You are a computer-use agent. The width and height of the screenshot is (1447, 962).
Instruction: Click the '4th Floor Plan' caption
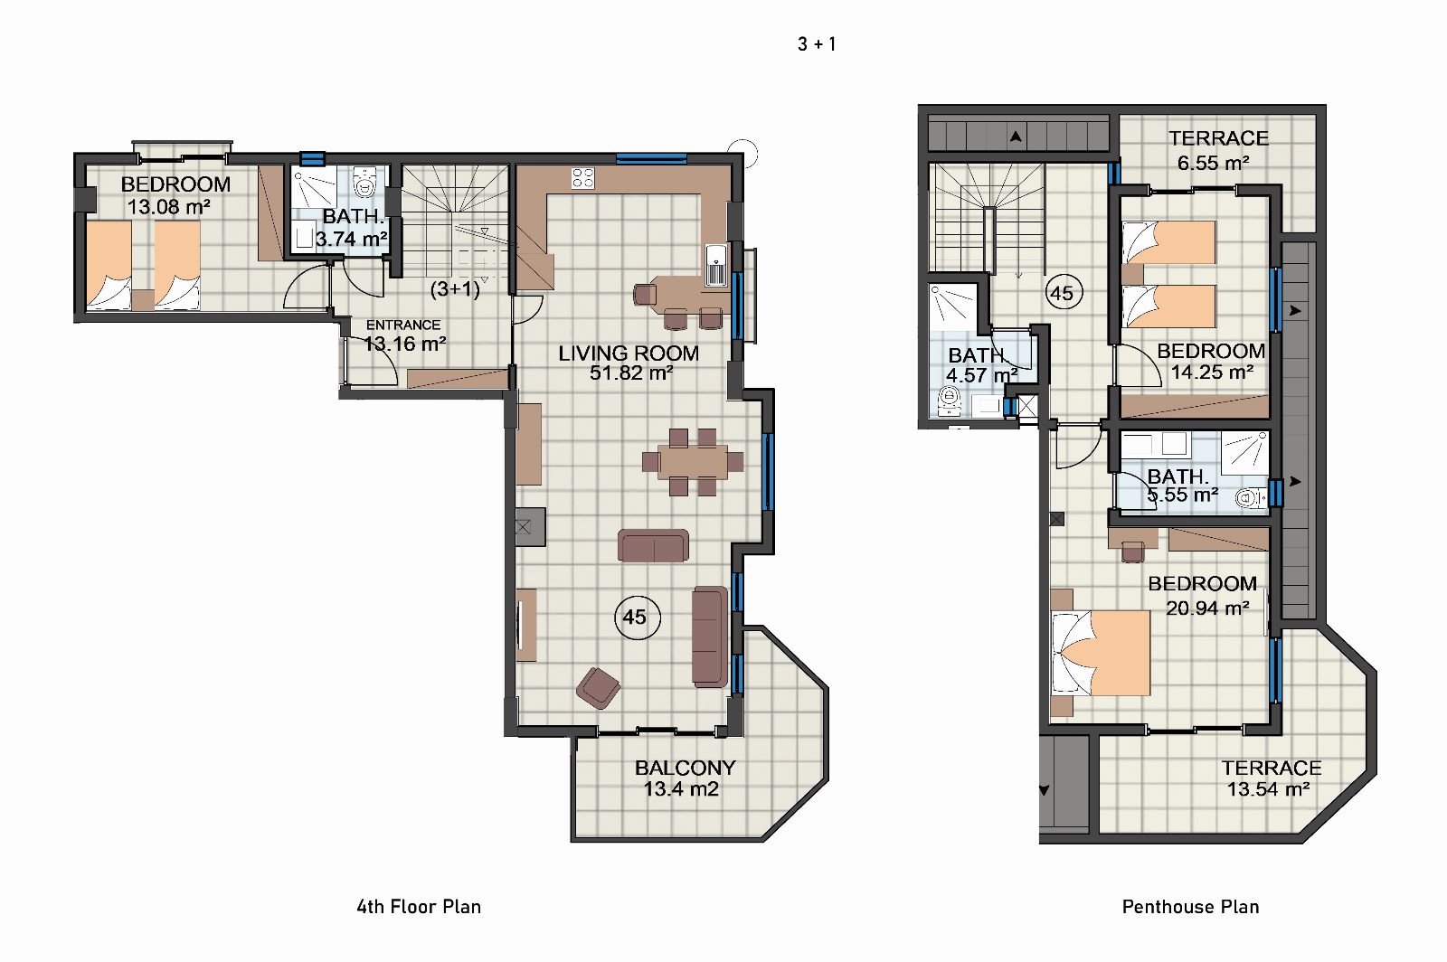pyautogui.click(x=419, y=907)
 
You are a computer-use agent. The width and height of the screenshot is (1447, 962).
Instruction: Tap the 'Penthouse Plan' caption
pyautogui.click(x=1190, y=907)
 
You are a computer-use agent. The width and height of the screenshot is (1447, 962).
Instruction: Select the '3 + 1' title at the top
pyautogui.click(x=817, y=44)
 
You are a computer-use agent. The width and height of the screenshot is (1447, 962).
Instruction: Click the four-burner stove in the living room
pyautogui.click(x=582, y=178)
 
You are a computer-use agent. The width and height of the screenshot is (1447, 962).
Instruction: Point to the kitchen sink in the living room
pyautogui.click(x=715, y=265)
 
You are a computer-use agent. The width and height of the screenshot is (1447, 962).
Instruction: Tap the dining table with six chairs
pyautogui.click(x=693, y=462)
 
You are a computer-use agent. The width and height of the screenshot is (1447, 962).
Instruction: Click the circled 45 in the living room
pyautogui.click(x=637, y=618)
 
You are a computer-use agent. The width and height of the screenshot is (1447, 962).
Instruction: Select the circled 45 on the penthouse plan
pyautogui.click(x=1064, y=293)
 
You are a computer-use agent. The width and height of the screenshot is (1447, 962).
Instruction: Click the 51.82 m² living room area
pyautogui.click(x=631, y=373)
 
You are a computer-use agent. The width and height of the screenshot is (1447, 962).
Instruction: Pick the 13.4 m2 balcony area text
pyautogui.click(x=681, y=789)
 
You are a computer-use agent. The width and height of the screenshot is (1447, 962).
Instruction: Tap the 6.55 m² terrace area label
pyautogui.click(x=1213, y=164)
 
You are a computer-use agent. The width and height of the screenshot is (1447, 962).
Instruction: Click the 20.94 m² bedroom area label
pyautogui.click(x=1207, y=608)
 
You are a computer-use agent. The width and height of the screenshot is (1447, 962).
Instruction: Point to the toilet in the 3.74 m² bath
pyautogui.click(x=365, y=183)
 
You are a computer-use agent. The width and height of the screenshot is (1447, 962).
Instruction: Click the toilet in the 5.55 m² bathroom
pyautogui.click(x=1251, y=498)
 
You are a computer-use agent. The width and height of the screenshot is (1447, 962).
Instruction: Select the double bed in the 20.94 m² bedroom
pyautogui.click(x=1101, y=653)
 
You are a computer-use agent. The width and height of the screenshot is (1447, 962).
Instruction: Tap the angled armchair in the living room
pyautogui.click(x=598, y=688)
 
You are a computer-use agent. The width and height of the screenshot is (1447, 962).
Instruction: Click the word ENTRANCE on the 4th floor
pyautogui.click(x=403, y=325)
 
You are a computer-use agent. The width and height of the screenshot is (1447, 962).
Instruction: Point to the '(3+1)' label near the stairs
pyautogui.click(x=456, y=288)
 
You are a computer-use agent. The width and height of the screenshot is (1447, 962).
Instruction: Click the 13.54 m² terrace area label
pyautogui.click(x=1268, y=789)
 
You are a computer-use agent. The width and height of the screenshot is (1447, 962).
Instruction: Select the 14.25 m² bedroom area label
pyautogui.click(x=1213, y=373)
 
